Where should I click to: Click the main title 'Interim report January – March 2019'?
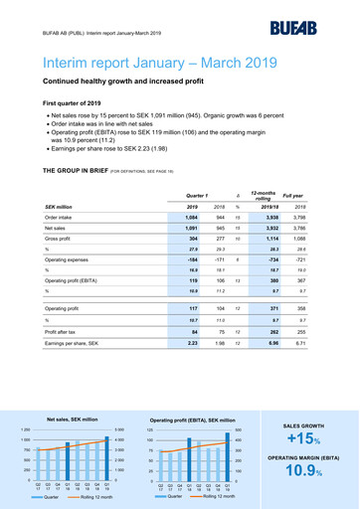tap(158, 65)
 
